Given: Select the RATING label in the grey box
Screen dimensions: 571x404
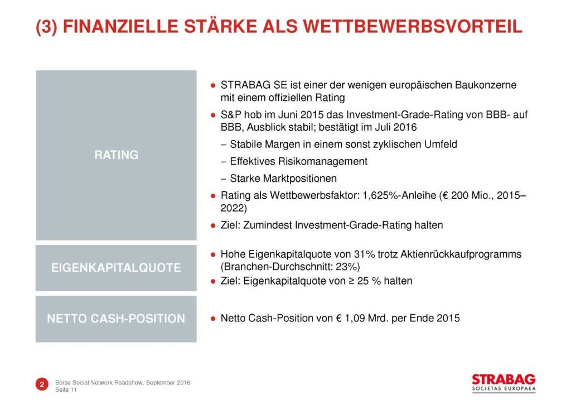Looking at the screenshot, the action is [116, 155].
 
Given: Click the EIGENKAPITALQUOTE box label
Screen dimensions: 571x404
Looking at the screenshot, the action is [116, 268].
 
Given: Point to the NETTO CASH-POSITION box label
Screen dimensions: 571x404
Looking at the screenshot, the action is [116, 319].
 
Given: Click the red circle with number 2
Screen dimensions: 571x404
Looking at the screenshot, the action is [42, 384].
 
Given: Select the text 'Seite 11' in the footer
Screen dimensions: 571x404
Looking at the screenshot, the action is [66, 390].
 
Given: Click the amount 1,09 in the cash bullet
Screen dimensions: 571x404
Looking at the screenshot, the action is [355, 319].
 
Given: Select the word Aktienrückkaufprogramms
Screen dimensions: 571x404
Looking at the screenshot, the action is [461, 254].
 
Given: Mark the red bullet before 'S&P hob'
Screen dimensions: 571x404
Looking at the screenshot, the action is [213, 116].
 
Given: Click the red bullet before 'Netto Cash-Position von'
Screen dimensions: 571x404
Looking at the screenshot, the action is [213, 319].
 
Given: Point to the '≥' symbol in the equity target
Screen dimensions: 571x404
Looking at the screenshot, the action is [351, 281].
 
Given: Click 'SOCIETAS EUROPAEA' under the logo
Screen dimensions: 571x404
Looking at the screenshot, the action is [504, 389].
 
